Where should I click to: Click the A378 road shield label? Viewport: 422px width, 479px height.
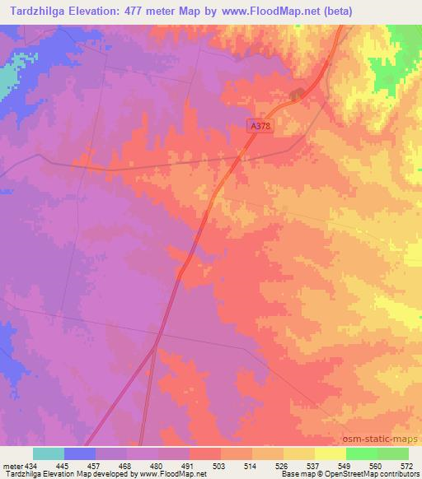click(260, 125)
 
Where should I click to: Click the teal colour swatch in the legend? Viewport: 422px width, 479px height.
click(49, 453)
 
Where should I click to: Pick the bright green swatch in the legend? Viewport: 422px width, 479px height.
click(361, 453)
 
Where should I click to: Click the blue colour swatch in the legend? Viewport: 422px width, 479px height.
click(80, 453)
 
